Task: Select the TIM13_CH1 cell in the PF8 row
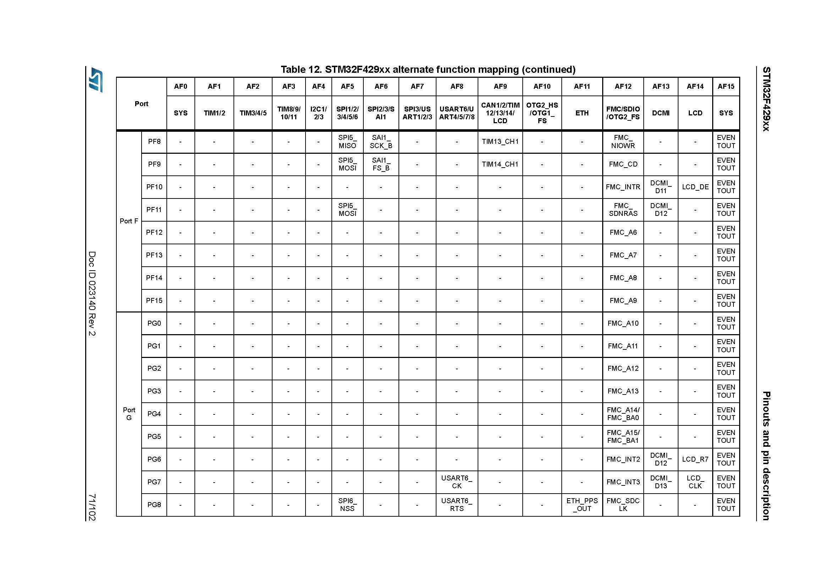500,141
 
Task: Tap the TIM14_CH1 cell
500,164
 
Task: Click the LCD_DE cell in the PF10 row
695,187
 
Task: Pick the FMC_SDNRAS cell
623,210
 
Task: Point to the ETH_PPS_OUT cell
582,505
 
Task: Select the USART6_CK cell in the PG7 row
457,482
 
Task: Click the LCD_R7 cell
695,459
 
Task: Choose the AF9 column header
500,86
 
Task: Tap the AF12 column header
623,86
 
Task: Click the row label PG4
154,414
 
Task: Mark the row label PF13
154,255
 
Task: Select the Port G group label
129,414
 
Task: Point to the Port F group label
129,221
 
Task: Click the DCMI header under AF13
660,113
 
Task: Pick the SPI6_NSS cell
347,505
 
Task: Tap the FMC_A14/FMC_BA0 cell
623,414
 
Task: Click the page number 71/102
92,507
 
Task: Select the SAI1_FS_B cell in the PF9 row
381,164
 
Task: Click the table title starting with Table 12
428,70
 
